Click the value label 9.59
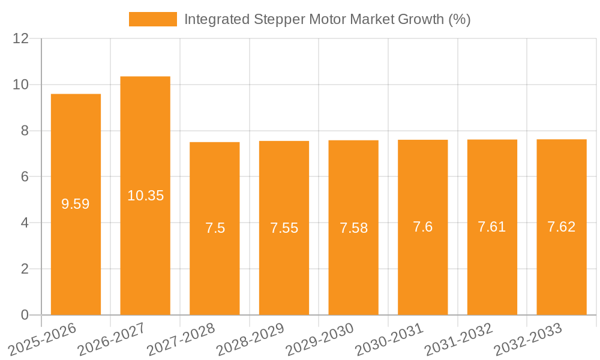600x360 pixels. [x=76, y=204]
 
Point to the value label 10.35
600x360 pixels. [x=145, y=196]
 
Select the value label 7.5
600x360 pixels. [x=215, y=228]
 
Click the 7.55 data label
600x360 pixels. [x=284, y=228]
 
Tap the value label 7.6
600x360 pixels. [x=423, y=227]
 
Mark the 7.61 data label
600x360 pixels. [x=492, y=227]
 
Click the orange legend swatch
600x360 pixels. [x=153, y=19]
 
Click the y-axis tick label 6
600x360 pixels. [x=25, y=177]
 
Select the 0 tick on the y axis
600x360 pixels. [x=25, y=315]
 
